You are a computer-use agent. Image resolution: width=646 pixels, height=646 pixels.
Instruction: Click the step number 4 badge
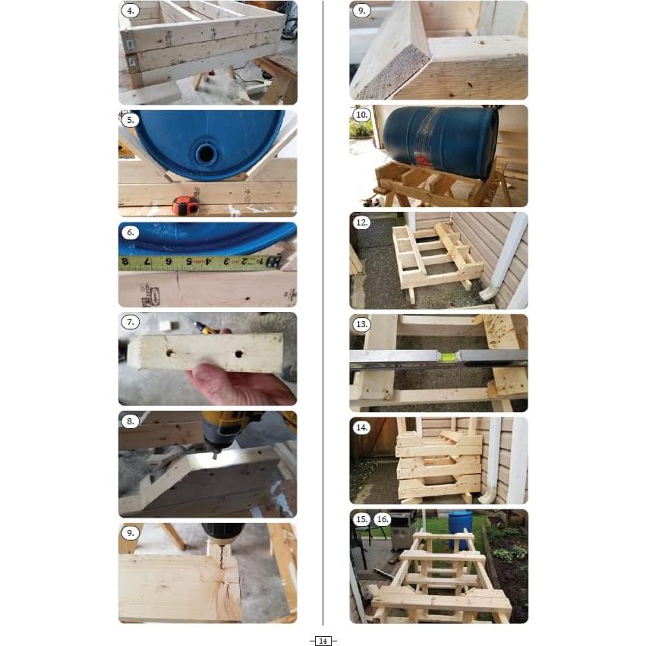click(131, 11)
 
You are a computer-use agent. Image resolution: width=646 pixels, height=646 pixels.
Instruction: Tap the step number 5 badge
click(131, 120)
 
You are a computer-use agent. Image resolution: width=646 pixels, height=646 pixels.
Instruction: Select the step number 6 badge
click(131, 232)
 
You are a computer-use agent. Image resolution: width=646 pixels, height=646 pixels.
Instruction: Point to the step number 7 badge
click(131, 322)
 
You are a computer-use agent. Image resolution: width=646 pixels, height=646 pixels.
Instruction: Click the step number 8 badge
click(131, 421)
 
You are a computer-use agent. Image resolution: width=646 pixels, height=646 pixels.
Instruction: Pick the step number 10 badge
click(362, 115)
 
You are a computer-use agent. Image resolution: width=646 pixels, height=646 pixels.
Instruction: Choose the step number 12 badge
click(362, 222)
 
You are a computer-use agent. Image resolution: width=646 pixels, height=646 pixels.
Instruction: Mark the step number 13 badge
click(362, 324)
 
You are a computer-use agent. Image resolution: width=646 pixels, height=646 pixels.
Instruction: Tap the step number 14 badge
click(362, 427)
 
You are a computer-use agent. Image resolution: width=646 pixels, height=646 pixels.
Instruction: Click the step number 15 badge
click(362, 519)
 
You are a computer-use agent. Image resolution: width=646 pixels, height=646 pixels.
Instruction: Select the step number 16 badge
click(383, 519)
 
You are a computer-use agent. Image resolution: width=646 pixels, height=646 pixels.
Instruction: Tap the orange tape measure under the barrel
click(184, 205)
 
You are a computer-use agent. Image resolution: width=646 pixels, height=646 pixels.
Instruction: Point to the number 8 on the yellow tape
click(124, 263)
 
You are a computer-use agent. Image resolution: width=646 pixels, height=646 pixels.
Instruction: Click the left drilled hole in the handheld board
click(169, 353)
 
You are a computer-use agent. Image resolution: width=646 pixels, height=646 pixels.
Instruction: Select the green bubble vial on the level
click(449, 354)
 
